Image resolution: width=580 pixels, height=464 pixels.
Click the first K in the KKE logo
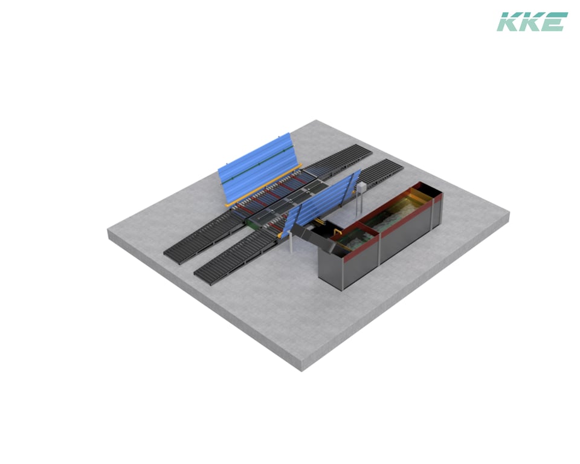point(509,22)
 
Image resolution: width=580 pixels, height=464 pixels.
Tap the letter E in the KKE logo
point(555,22)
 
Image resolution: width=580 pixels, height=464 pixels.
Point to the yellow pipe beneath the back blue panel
point(263,185)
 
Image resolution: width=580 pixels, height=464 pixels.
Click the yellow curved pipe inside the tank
point(337,232)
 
